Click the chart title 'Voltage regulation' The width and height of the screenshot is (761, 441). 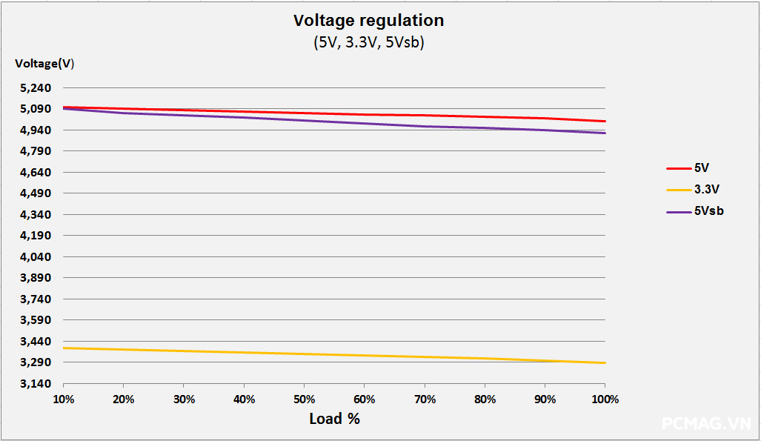pyautogui.click(x=368, y=20)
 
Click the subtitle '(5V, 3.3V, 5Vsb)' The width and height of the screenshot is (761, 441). pyautogui.click(x=368, y=42)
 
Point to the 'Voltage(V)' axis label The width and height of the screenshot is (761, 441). pyautogui.click(x=44, y=64)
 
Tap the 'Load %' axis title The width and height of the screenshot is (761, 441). pyautogui.click(x=334, y=419)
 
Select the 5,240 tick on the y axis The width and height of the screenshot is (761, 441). pyautogui.click(x=36, y=88)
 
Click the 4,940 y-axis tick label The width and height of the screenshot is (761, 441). pyautogui.click(x=36, y=130)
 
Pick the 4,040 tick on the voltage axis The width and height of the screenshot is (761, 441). pyautogui.click(x=36, y=257)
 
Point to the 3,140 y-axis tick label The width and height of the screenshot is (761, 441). pyautogui.click(x=36, y=384)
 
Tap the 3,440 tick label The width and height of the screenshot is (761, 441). pyautogui.click(x=36, y=342)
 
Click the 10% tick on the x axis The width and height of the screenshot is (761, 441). pyautogui.click(x=64, y=399)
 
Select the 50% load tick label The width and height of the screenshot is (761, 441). pyautogui.click(x=305, y=399)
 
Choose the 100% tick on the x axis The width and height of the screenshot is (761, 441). pyautogui.click(x=605, y=399)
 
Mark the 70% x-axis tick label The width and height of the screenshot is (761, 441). pyautogui.click(x=425, y=399)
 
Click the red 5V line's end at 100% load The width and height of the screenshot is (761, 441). pyautogui.click(x=605, y=121)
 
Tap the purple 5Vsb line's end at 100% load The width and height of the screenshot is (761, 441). pyautogui.click(x=605, y=133)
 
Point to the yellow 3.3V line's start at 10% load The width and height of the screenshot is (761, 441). pyautogui.click(x=64, y=348)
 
